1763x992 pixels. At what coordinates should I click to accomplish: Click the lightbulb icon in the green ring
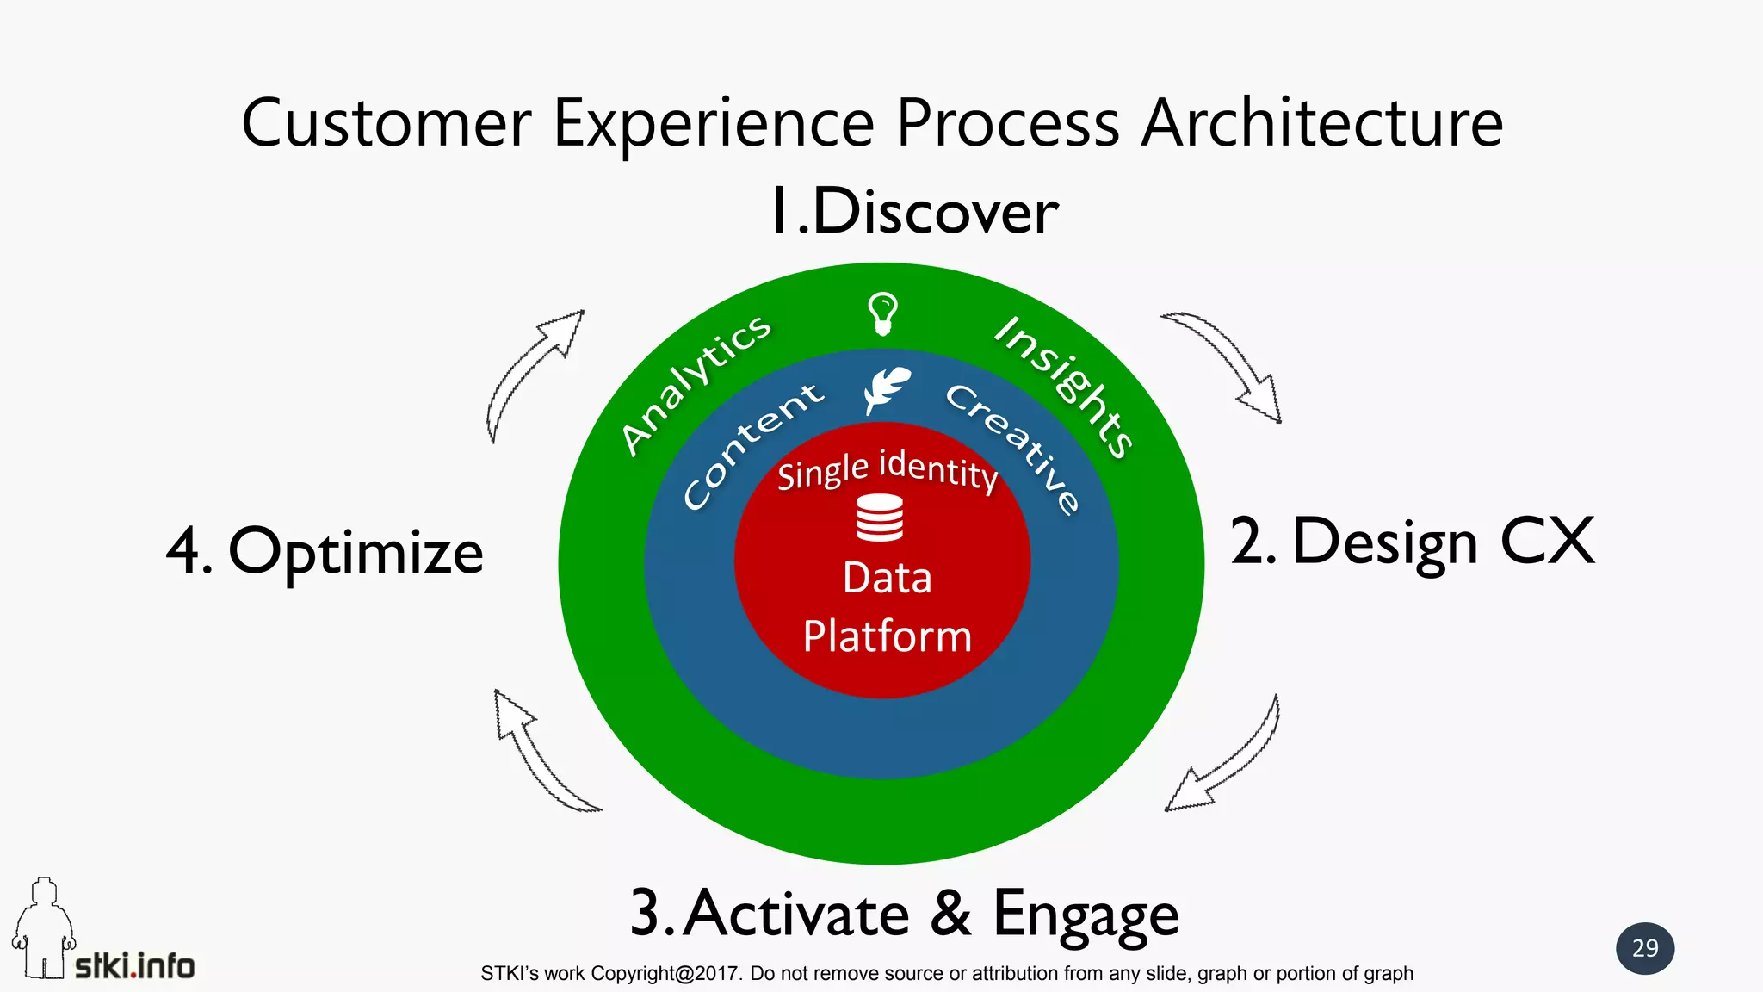coord(882,313)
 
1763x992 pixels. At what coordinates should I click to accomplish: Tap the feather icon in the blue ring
coord(887,389)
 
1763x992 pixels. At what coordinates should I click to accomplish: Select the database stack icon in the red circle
coord(880,518)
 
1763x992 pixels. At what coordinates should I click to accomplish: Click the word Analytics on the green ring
coord(696,383)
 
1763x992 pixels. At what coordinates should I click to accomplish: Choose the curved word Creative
coord(1013,448)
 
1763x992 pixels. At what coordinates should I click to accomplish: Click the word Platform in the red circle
coord(887,636)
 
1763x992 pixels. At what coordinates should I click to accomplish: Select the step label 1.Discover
coord(913,211)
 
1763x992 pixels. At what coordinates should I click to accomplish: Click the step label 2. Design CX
coord(1412,542)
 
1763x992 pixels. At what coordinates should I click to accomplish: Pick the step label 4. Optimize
coord(325,551)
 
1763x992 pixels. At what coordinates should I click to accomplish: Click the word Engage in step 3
coord(1086,914)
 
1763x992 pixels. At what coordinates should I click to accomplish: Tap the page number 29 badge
coord(1644,948)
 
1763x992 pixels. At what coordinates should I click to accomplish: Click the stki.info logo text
coord(135,966)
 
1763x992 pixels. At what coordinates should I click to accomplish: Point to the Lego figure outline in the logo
coord(43,930)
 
